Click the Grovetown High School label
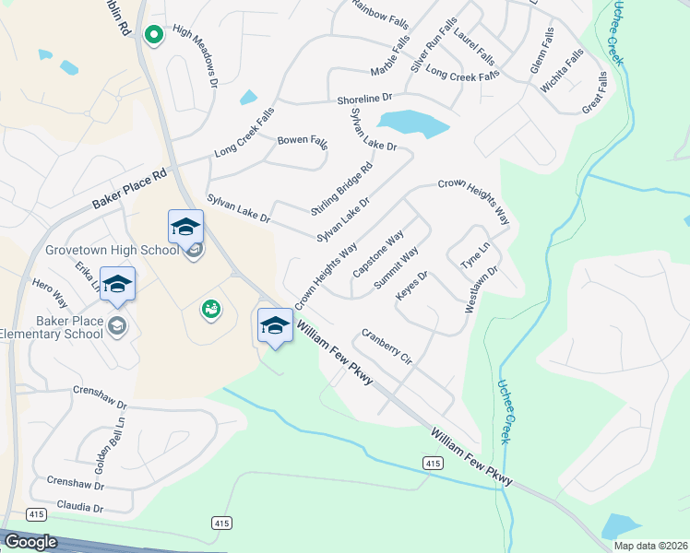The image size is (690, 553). pyautogui.click(x=112, y=250)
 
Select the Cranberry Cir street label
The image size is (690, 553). pyautogui.click(x=386, y=345)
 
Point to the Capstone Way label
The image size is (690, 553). pyautogui.click(x=378, y=254)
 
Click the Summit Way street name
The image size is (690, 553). pyautogui.click(x=396, y=268)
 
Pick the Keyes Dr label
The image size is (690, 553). pyautogui.click(x=411, y=284)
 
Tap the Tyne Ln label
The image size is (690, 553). pyautogui.click(x=475, y=256)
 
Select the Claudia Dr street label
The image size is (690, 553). pyautogui.click(x=79, y=506)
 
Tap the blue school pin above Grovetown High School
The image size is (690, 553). pyautogui.click(x=185, y=228)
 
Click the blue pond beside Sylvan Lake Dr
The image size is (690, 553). pyautogui.click(x=412, y=124)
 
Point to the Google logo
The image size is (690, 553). pyautogui.click(x=30, y=542)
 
